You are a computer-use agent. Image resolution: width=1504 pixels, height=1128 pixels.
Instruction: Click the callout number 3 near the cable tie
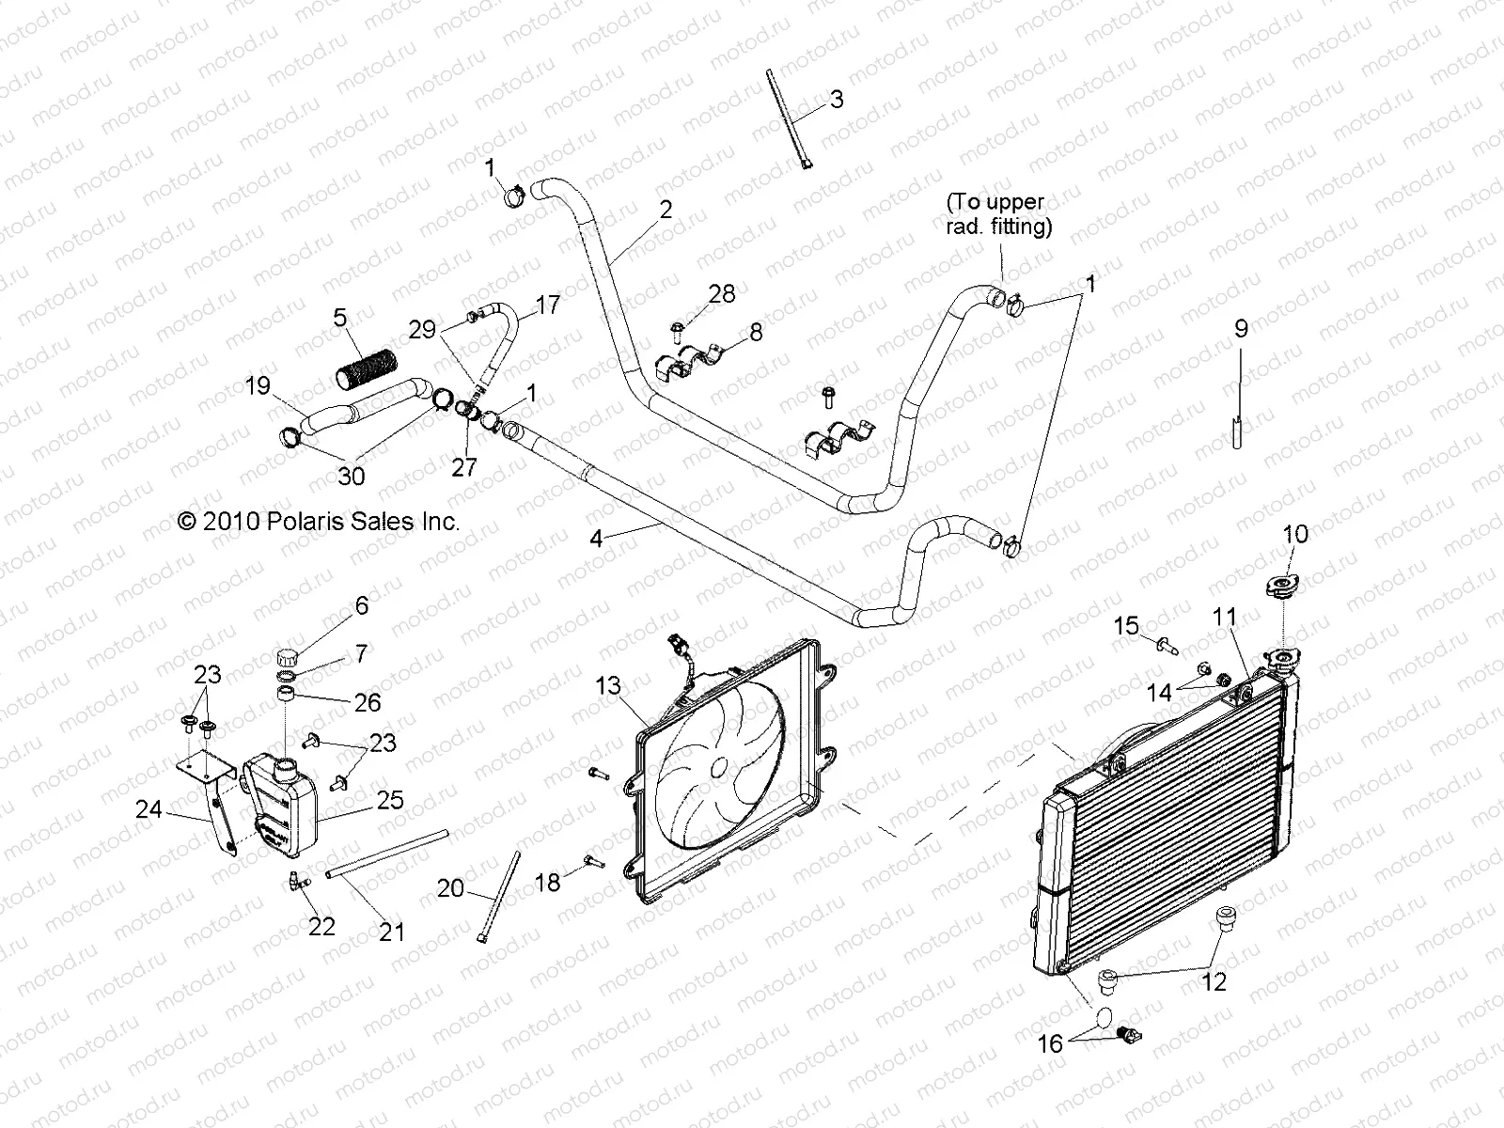836,100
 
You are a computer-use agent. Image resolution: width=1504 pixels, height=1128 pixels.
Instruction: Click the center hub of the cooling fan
719,767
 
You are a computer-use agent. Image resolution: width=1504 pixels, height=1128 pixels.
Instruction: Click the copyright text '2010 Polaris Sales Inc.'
319,521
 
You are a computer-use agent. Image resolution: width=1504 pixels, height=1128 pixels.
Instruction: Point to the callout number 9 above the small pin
1241,329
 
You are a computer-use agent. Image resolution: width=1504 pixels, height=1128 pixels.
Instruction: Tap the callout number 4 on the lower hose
596,539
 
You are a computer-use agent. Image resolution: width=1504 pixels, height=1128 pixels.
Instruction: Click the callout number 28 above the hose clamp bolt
722,294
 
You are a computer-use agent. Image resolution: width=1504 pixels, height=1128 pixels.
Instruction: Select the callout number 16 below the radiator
1049,1043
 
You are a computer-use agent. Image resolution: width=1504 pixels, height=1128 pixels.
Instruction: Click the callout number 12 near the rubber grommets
1214,982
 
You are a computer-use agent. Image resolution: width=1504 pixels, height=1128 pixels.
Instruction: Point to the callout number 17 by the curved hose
547,305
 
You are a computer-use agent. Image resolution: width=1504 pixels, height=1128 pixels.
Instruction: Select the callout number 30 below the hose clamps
352,477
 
